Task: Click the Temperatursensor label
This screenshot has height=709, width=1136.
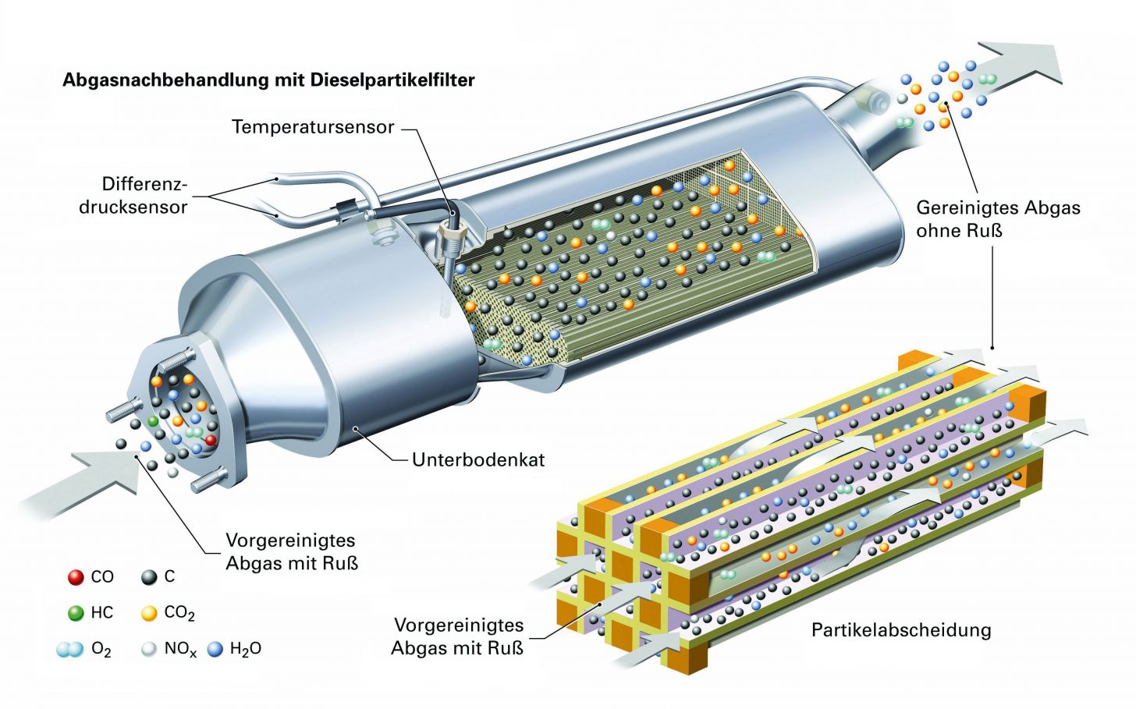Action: coord(313,127)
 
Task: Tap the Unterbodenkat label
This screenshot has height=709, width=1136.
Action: coord(478,459)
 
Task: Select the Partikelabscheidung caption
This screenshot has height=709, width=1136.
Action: coord(901,630)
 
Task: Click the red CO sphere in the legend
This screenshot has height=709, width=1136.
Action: coord(76,577)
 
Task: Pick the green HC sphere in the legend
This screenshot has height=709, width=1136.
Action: coord(76,612)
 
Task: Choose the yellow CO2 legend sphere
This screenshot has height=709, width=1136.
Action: coord(149,613)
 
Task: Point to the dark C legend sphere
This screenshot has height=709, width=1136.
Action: coord(149,577)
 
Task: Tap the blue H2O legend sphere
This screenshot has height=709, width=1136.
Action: coord(215,649)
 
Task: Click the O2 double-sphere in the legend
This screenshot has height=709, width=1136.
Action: coord(70,650)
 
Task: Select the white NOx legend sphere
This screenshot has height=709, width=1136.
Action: coord(149,650)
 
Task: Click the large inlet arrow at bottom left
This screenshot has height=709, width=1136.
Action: coord(81,485)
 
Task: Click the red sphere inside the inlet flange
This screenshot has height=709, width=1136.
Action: coord(211,440)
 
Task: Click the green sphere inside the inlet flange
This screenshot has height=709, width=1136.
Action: coord(153,421)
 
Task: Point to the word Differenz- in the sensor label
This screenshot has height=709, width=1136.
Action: coord(144,184)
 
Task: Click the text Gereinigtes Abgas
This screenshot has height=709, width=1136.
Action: coord(998,208)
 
